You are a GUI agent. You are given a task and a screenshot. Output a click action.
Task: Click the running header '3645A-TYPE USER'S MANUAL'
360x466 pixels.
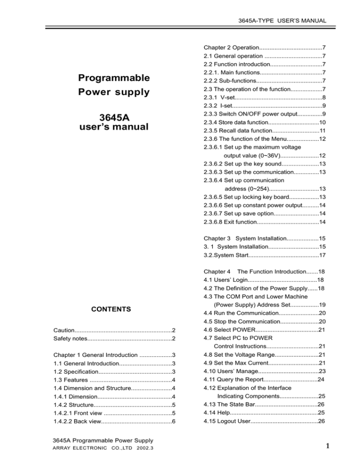click(x=282, y=21)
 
